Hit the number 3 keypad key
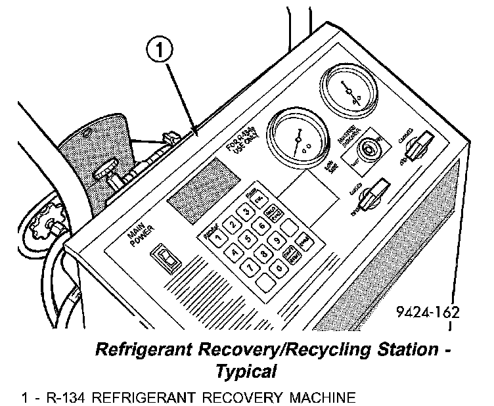coord(246,211)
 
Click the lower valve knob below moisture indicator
coord(374,194)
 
